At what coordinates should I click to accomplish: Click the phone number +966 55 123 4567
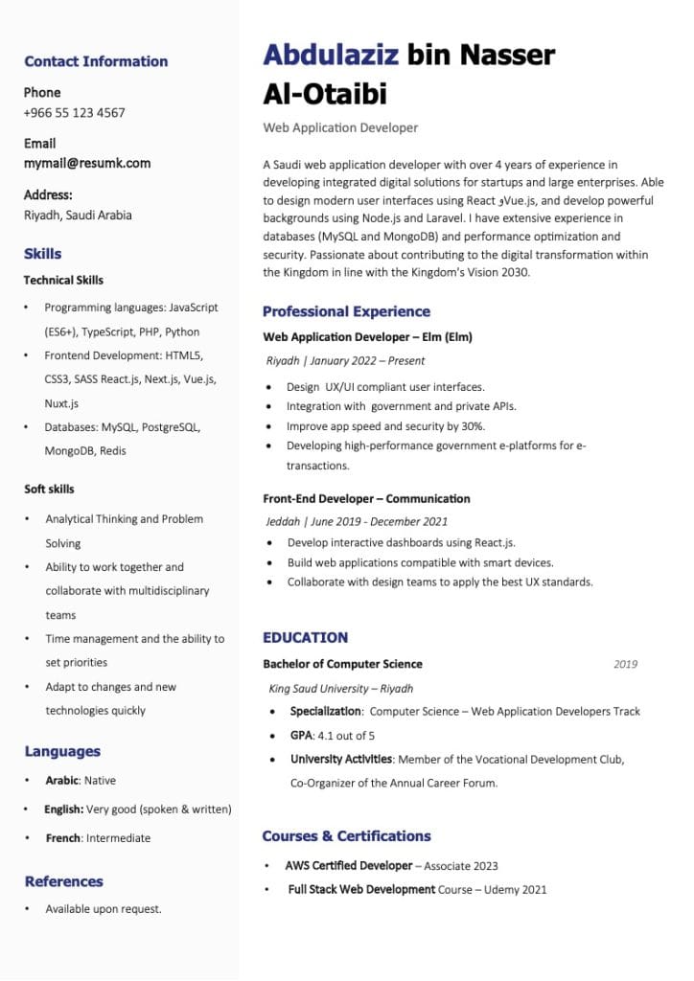75,113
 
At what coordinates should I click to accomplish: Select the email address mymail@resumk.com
87,164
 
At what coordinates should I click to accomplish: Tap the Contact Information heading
96,62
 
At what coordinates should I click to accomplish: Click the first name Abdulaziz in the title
331,56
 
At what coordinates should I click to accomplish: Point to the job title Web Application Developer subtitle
340,127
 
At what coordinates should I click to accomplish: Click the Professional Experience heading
346,311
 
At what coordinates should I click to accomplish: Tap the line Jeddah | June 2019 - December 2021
357,522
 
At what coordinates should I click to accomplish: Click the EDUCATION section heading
305,637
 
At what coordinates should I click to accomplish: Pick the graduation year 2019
625,664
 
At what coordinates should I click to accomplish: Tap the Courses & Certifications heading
346,836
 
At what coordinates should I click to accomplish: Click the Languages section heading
62,752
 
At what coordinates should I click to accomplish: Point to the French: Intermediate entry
98,838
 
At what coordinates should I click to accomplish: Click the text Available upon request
104,909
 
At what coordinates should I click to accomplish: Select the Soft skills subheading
49,490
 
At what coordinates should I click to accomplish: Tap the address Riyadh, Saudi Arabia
78,216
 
